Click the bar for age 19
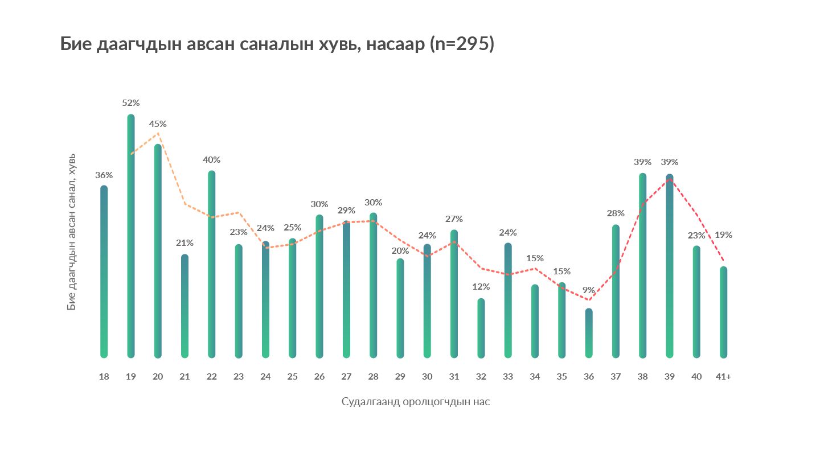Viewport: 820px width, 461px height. tap(131, 236)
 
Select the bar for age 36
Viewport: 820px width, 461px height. tap(589, 333)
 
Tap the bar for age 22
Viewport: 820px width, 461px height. tap(212, 264)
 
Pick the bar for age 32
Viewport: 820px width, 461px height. tap(481, 328)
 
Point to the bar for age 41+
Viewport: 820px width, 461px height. tap(723, 312)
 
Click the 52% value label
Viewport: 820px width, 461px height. tap(131, 103)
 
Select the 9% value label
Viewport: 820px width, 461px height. tap(589, 290)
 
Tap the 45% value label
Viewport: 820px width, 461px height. tap(158, 124)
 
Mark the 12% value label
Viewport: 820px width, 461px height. tap(481, 286)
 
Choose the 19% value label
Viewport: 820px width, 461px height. tap(724, 234)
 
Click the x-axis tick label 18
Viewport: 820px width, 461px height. tap(104, 377)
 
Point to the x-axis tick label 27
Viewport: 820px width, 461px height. tap(346, 377)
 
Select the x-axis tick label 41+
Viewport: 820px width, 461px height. tap(723, 377)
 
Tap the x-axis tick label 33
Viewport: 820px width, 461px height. tap(508, 377)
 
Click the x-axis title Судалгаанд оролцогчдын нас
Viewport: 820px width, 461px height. tap(416, 402)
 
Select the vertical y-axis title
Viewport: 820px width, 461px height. tap(72, 232)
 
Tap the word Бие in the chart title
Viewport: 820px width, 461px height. tap(76, 44)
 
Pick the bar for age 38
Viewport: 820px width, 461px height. tap(642, 265)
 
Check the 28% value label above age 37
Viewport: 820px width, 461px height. tap(616, 213)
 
